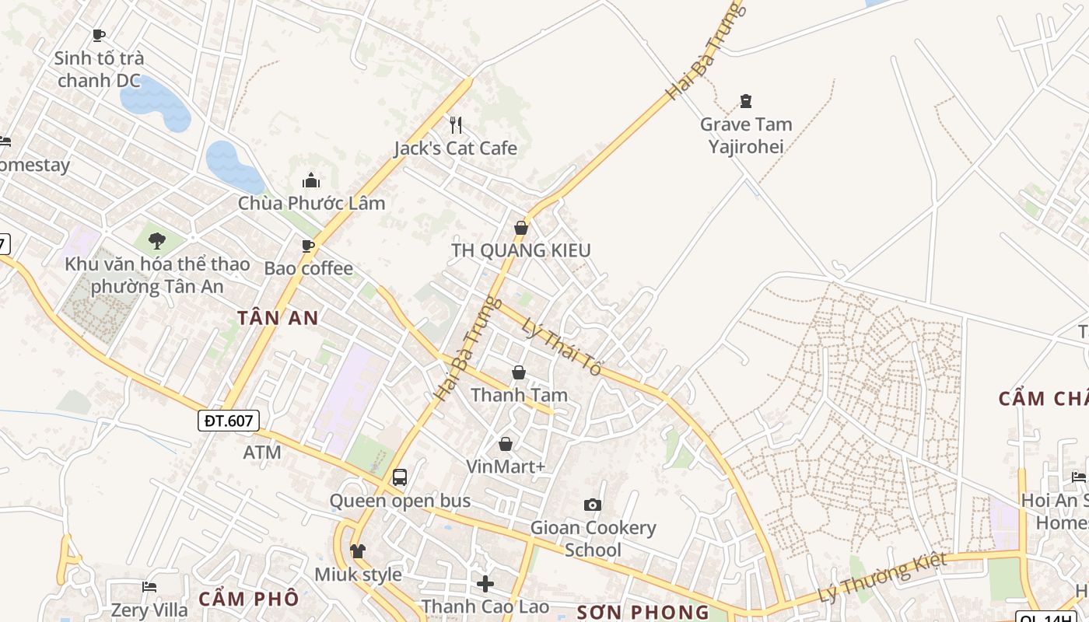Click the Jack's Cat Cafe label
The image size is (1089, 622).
pos(455,148)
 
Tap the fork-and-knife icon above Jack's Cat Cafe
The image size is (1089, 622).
pos(456,124)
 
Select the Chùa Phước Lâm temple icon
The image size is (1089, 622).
pos(311,181)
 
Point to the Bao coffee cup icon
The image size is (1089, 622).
pos(308,246)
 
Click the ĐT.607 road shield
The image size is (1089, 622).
pos(228,421)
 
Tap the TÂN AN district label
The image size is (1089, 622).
pos(278,317)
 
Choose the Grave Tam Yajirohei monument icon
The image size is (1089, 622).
pos(746,101)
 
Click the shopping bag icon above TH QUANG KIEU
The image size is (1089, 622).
pos(520,228)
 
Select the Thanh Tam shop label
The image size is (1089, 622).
pos(519,395)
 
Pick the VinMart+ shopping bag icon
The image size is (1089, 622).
pos(506,444)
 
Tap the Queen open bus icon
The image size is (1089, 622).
pos(400,477)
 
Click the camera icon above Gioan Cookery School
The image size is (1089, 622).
pos(593,505)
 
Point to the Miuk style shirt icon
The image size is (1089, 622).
pos(357,551)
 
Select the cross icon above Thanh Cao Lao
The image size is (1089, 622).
pos(485,583)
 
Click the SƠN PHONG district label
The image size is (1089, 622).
pos(643,612)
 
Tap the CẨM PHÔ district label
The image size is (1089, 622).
pos(248,599)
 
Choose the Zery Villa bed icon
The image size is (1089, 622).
pos(149,586)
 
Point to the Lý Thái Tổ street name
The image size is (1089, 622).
pos(562,348)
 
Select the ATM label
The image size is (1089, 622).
pos(262,452)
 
